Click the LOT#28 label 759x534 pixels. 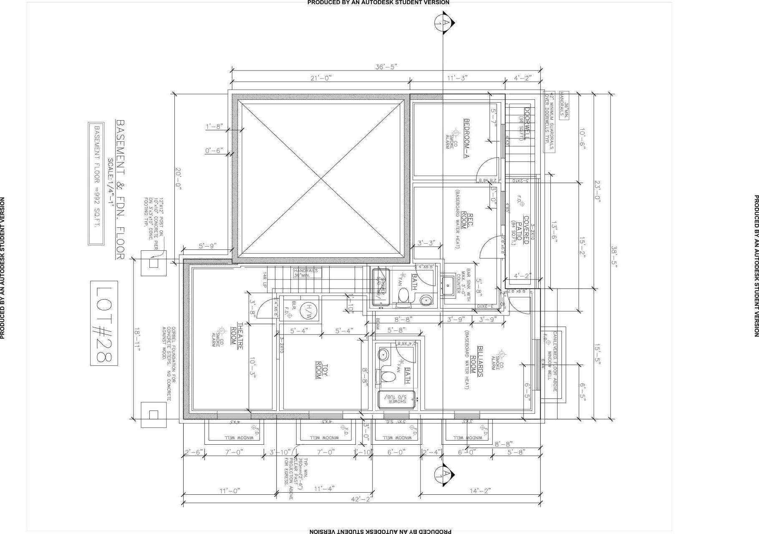(x=104, y=323)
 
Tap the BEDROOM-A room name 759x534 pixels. (x=467, y=139)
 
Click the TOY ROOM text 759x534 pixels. (x=322, y=371)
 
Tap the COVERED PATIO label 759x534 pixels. (x=523, y=230)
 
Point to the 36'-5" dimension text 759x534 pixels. (x=386, y=67)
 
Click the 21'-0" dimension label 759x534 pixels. (x=320, y=78)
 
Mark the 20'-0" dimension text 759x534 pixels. (x=178, y=179)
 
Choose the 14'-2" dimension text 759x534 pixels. (x=480, y=491)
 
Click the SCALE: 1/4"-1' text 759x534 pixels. (x=111, y=182)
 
